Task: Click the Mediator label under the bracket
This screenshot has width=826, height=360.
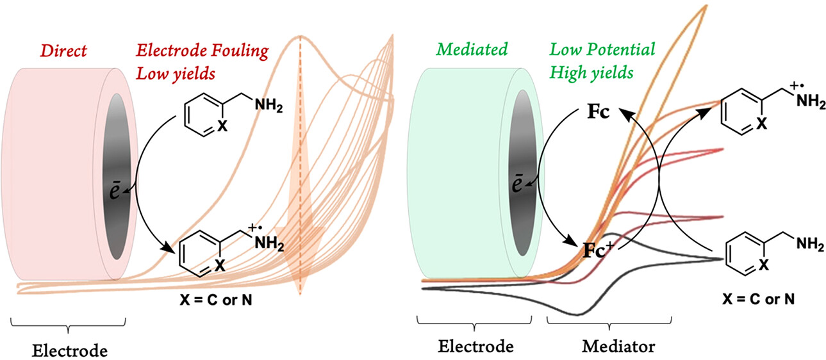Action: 618,347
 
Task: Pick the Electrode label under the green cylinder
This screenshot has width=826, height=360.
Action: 476,347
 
